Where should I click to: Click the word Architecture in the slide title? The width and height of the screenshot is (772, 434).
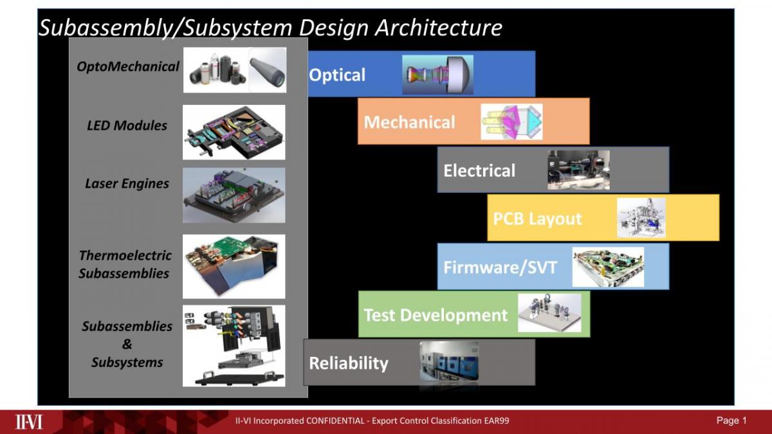[x=439, y=28]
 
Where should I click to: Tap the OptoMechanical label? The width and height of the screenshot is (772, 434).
[x=128, y=67]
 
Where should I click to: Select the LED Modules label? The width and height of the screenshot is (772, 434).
[x=127, y=125]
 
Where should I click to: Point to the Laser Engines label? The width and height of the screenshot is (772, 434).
[x=127, y=184]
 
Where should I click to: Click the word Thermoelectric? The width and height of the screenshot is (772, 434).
[x=125, y=255]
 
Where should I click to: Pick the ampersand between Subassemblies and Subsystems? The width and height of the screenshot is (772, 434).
[x=127, y=344]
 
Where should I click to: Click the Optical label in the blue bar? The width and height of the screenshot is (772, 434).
[x=336, y=75]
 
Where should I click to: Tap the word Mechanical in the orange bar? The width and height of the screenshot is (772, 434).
[x=409, y=122]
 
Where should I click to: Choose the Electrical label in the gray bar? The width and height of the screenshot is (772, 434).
[x=479, y=170]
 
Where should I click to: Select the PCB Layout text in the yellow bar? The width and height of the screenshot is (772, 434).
[x=537, y=219]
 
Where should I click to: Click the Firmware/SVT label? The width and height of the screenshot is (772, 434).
[x=500, y=267]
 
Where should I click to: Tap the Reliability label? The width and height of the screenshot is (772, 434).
[x=349, y=363]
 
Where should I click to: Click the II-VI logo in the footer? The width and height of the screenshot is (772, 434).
[x=29, y=422]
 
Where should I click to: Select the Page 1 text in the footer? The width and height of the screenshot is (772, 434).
[x=731, y=420]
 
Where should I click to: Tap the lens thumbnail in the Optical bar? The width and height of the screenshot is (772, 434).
[x=437, y=75]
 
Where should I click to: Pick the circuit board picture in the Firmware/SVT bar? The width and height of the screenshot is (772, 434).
[x=608, y=267]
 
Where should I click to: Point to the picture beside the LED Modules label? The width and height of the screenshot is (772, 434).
[x=234, y=132]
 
